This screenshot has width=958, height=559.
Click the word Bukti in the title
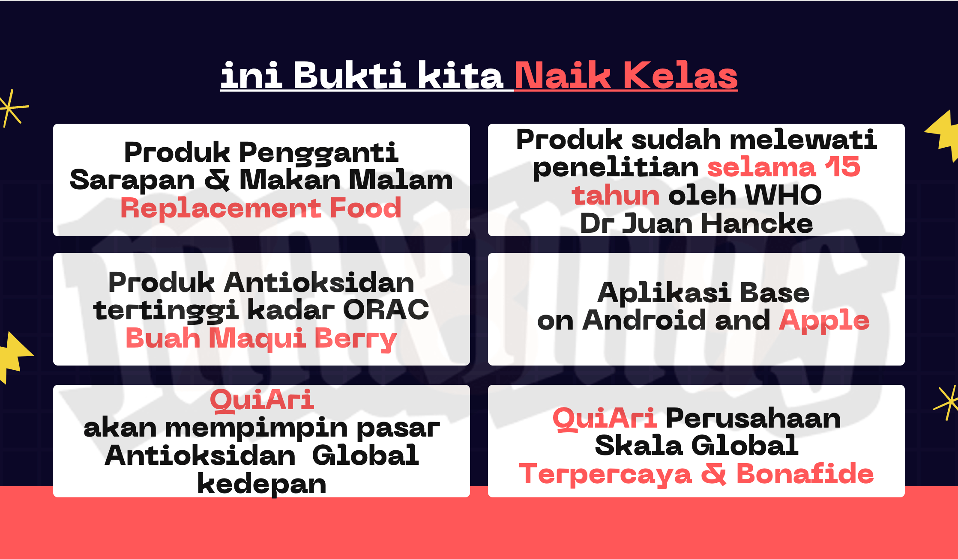[350, 75]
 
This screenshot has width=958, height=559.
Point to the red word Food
[365, 208]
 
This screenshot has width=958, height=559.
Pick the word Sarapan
[132, 181]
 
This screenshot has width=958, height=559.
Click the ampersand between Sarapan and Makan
[217, 180]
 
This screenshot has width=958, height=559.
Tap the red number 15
[843, 167]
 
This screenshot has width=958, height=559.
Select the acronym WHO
[784, 195]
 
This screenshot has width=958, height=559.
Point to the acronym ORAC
[386, 309]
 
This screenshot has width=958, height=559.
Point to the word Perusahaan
[753, 418]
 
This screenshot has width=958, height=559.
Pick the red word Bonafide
[805, 474]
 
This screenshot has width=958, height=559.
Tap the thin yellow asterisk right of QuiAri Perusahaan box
[946, 402]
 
